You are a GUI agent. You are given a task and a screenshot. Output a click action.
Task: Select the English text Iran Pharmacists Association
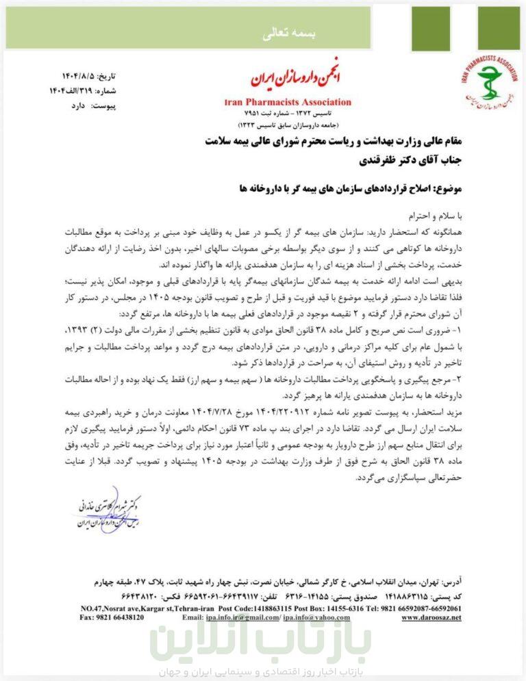tap(288, 102)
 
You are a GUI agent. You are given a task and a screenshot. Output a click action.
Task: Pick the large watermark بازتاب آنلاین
tap(262, 642)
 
